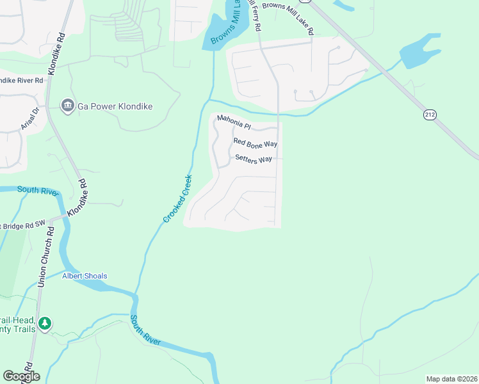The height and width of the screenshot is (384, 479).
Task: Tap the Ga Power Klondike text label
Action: (115, 106)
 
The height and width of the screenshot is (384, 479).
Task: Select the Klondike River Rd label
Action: (21, 81)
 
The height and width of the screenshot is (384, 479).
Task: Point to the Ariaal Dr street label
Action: (30, 118)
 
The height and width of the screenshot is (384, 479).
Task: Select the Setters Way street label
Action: (254, 159)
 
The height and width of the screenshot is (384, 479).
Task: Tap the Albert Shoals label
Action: (85, 276)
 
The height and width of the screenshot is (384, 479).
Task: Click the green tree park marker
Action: (44, 324)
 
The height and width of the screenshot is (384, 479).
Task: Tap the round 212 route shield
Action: (429, 115)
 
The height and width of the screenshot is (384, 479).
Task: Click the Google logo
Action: (21, 376)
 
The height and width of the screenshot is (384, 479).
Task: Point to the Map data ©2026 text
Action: (451, 378)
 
